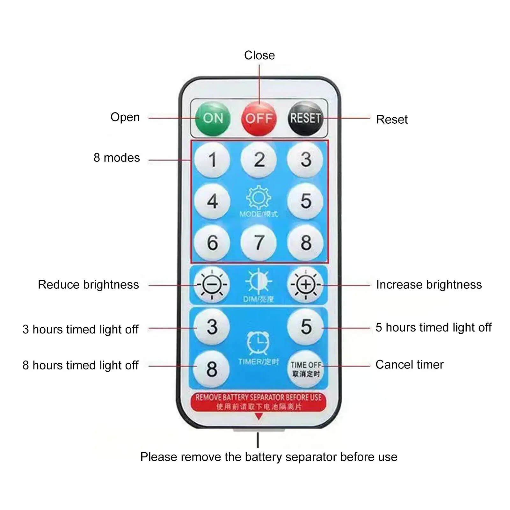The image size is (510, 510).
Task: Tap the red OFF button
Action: click(259, 119)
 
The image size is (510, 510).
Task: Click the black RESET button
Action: click(305, 118)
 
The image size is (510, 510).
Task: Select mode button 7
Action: click(259, 243)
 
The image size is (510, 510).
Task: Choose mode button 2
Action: click(259, 159)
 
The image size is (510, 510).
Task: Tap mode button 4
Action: click(212, 201)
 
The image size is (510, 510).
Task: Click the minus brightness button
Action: click(212, 285)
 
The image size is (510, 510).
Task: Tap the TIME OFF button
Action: click(305, 369)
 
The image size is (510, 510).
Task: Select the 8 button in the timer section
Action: click(212, 369)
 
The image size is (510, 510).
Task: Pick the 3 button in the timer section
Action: click(212, 327)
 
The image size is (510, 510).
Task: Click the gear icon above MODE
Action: click(259, 198)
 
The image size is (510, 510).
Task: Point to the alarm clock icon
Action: click(258, 343)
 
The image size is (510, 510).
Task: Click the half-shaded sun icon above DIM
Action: click(259, 281)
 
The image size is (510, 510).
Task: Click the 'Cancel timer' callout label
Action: click(409, 365)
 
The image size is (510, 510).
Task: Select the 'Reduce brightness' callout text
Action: click(88, 285)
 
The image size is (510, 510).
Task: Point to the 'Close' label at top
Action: click(259, 55)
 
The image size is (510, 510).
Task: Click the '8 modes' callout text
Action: click(117, 158)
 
